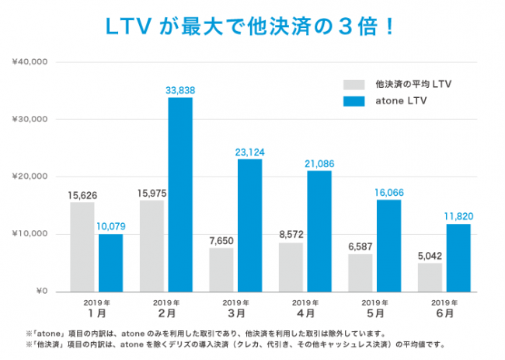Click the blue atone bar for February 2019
click(x=180, y=194)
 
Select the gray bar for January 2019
click(x=82, y=246)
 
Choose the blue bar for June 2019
click(x=458, y=257)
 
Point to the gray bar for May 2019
click(x=360, y=273)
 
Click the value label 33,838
click(x=180, y=90)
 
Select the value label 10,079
click(x=110, y=226)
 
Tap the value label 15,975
click(x=152, y=193)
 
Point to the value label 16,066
click(x=388, y=192)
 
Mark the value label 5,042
click(x=430, y=254)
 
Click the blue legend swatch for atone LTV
click(x=353, y=100)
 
